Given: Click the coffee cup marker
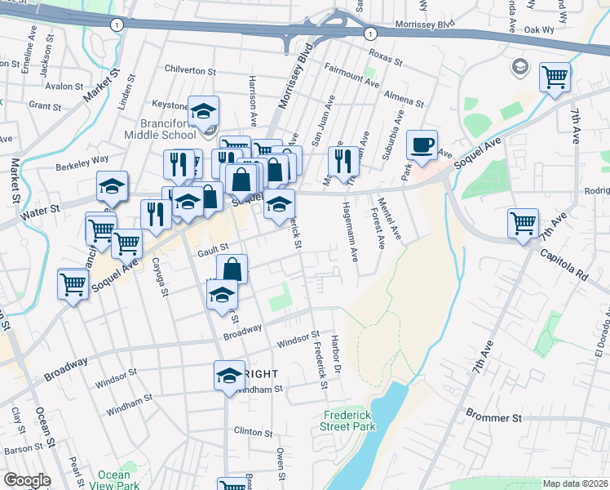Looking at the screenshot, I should [x=422, y=145].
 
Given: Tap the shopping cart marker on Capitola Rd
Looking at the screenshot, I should [x=522, y=223].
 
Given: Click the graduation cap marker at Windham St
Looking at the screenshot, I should [x=229, y=376].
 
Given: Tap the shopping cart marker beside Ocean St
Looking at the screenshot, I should [x=73, y=285].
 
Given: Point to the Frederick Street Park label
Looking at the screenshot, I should [x=348, y=421].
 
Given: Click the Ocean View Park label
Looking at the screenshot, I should [x=114, y=480].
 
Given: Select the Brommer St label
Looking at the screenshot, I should [x=493, y=417].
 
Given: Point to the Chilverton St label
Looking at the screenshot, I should [x=195, y=70].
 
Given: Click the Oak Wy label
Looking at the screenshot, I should [x=539, y=29].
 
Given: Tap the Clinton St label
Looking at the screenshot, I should [x=253, y=431].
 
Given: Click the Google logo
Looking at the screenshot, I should [x=28, y=481].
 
